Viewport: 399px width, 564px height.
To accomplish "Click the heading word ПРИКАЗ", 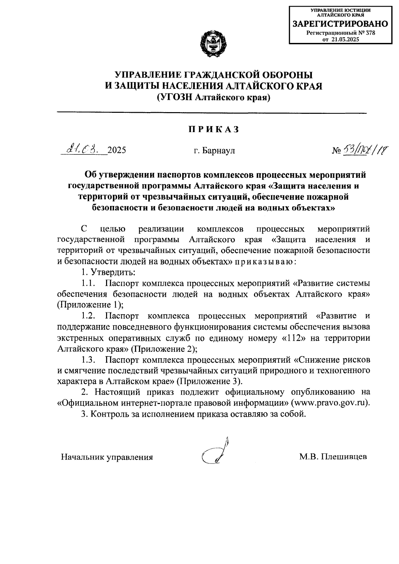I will [x=214, y=130].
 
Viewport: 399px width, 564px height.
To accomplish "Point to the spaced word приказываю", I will [x=264, y=262].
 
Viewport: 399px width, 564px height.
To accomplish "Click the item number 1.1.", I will [x=88, y=283].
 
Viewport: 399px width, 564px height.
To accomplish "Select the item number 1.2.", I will [x=89, y=316].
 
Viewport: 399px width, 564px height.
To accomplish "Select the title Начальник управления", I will [x=107, y=457].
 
